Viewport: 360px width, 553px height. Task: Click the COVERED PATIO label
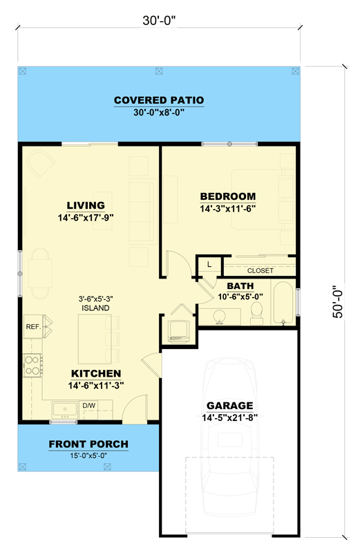click(x=159, y=100)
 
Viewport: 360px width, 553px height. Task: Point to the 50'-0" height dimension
click(x=338, y=302)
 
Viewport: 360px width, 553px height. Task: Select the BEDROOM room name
click(x=228, y=196)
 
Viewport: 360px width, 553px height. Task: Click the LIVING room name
click(x=86, y=205)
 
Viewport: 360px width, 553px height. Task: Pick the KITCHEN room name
click(x=91, y=374)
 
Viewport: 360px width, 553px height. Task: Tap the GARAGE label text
click(x=230, y=406)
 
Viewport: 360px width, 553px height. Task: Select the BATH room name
click(x=240, y=285)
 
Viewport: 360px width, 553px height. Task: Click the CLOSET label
click(x=260, y=270)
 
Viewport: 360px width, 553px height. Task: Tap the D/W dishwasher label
click(x=88, y=406)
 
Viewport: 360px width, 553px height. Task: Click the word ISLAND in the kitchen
click(x=96, y=308)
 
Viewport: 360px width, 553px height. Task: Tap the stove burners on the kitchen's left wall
click(x=32, y=364)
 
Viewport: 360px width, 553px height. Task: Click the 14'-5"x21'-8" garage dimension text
click(x=230, y=418)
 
